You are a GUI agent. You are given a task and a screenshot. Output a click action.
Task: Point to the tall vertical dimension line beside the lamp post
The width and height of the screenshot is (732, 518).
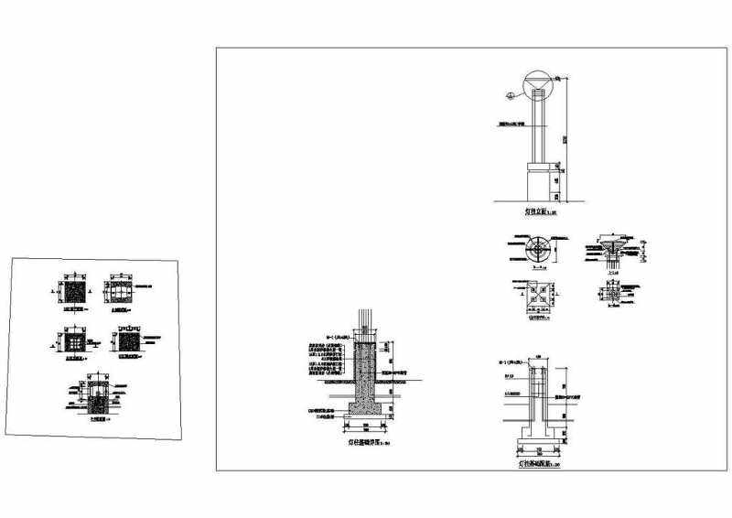point(565,137)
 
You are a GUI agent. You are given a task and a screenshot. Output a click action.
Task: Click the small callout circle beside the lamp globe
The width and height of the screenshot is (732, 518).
point(508,93)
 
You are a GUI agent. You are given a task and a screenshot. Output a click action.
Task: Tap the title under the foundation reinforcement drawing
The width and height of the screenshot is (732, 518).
point(536,466)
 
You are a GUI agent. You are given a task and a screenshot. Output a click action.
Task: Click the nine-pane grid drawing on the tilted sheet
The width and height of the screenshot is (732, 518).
point(71,342)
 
